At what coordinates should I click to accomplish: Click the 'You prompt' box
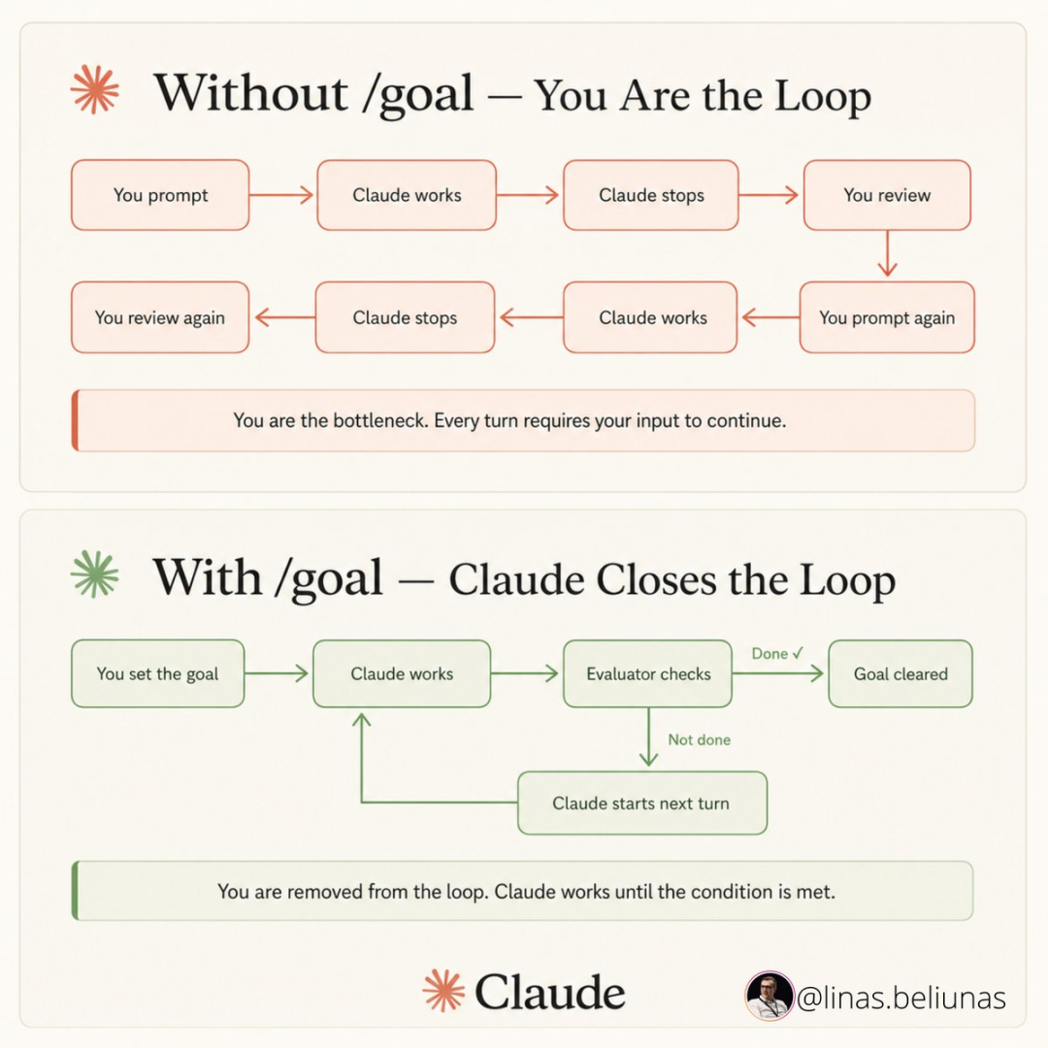point(160,195)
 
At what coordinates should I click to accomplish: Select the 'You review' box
point(887,195)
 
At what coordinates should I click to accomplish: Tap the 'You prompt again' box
point(887,317)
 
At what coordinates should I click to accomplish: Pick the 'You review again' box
point(160,317)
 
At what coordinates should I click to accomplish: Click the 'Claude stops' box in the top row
point(651,195)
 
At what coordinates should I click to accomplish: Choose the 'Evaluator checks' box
point(647,673)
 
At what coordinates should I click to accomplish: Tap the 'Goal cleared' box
point(901,673)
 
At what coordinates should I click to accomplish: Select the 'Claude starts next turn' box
point(642,802)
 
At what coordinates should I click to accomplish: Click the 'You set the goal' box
point(158,673)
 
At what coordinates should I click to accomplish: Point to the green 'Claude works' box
point(402,673)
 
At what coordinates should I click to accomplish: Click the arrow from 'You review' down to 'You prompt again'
point(887,253)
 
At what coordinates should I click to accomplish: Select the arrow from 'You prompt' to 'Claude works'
point(281,195)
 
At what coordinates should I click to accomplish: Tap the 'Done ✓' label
point(777,654)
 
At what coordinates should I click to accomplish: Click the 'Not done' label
point(699,739)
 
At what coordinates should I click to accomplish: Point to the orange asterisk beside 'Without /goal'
point(95,89)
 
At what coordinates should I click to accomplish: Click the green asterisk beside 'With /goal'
point(95,574)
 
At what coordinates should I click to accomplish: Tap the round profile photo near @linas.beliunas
point(770,996)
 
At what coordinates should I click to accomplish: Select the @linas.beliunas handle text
point(901,998)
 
